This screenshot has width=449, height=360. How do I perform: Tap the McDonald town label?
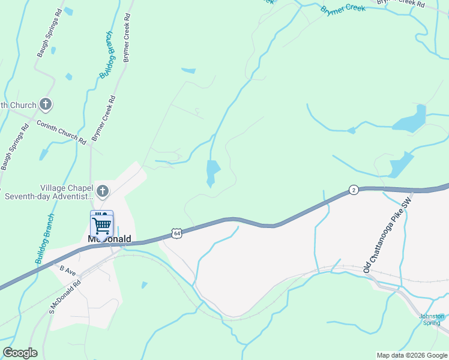tap(109, 239)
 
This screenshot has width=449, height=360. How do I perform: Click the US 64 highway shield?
tap(176, 233)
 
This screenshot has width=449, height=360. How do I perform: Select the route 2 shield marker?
tap(354, 190)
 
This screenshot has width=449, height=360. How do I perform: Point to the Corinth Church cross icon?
tap(46, 105)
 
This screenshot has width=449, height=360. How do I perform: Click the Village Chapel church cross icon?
tap(103, 191)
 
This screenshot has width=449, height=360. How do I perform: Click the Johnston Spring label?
tap(432, 319)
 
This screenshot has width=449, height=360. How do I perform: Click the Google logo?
tap(20, 353)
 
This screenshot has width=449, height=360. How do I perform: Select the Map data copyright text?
tap(412, 355)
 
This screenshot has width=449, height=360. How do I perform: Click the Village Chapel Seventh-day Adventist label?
tap(48, 191)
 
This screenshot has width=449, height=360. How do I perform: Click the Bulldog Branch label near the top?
tap(106, 54)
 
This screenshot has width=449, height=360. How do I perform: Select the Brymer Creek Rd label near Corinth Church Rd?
tap(103, 118)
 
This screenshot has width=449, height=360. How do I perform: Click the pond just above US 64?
tap(212, 173)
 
